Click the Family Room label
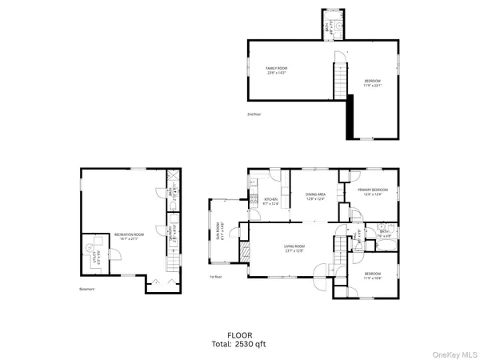point(277,70)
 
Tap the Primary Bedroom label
point(375,193)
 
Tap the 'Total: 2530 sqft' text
point(240,344)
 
